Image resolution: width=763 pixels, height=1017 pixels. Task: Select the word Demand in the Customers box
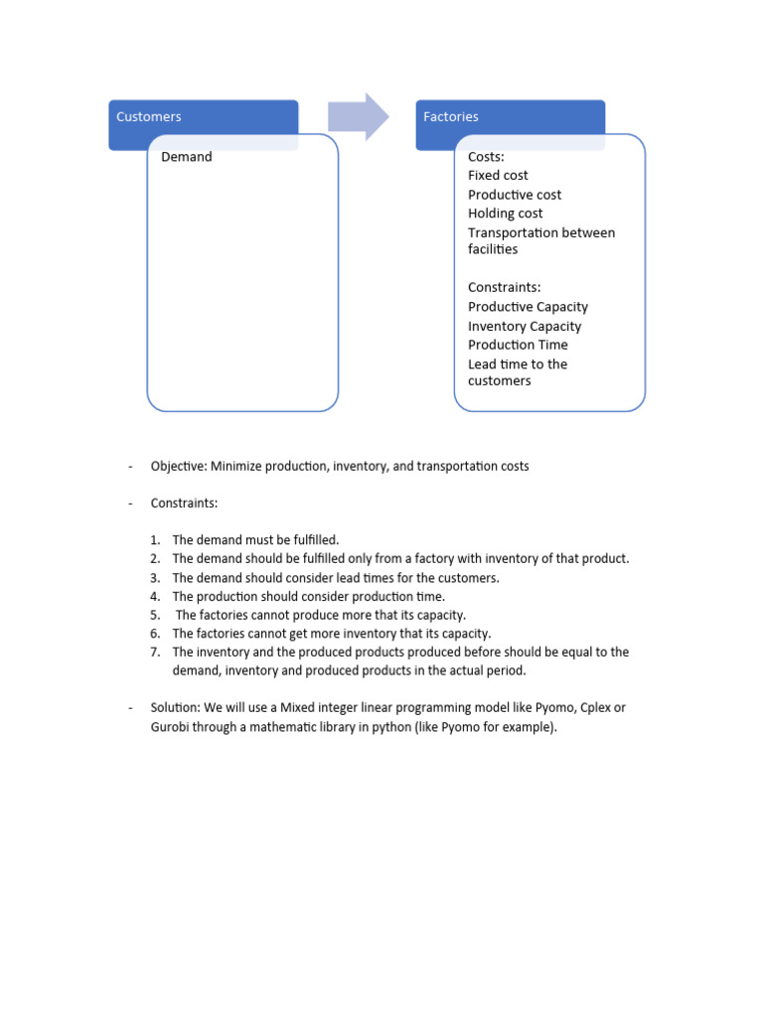click(187, 157)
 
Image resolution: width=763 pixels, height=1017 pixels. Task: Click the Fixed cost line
click(498, 176)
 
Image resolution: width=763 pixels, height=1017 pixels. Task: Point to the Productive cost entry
click(515, 195)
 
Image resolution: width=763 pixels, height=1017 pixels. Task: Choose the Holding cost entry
click(506, 214)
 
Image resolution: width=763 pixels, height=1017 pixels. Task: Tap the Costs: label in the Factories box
click(487, 157)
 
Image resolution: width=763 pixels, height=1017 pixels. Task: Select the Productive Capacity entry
click(528, 307)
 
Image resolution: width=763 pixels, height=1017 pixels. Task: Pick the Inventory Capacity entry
click(525, 326)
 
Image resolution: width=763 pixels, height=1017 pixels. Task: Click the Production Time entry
click(518, 345)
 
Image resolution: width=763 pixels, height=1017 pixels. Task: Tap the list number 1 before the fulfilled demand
click(155, 540)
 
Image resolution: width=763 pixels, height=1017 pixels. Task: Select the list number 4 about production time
click(155, 597)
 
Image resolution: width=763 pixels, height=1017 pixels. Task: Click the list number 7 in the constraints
click(155, 653)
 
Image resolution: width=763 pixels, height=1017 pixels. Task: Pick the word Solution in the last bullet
click(176, 708)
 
